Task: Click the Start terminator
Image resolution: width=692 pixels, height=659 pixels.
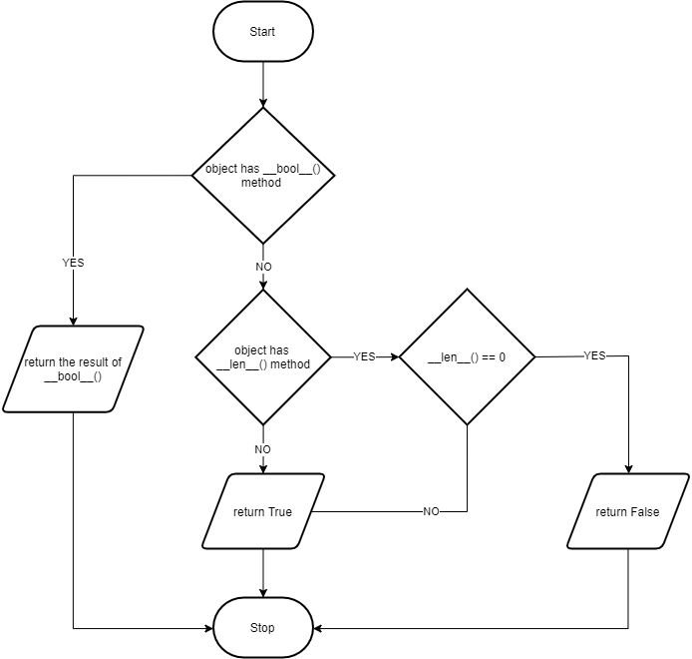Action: pyautogui.click(x=263, y=32)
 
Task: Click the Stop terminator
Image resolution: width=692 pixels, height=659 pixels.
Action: pyautogui.click(x=263, y=628)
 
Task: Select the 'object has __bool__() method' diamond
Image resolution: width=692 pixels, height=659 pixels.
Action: pyautogui.click(x=263, y=176)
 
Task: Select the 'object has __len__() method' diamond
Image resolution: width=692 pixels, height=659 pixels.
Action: pyautogui.click(x=263, y=356)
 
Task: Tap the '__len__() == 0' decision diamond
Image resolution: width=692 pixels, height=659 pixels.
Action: pyautogui.click(x=467, y=356)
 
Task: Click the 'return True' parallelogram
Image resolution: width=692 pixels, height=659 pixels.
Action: pyautogui.click(x=263, y=511)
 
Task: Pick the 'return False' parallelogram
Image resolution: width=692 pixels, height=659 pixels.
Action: pyautogui.click(x=628, y=511)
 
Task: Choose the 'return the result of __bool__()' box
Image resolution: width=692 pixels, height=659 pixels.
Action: pyautogui.click(x=73, y=369)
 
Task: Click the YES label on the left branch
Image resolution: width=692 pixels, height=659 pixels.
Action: pyautogui.click(x=73, y=263)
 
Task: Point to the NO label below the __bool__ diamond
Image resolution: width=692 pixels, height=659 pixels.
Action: pyautogui.click(x=263, y=268)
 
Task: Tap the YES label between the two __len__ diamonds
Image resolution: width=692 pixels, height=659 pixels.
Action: pyautogui.click(x=365, y=356)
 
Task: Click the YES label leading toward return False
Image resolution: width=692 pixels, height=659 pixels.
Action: pyautogui.click(x=594, y=355)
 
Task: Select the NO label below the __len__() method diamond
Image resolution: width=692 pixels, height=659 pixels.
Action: pyautogui.click(x=263, y=449)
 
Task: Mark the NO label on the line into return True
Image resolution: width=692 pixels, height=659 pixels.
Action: pyautogui.click(x=431, y=511)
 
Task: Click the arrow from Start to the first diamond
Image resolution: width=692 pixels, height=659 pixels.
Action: pyautogui.click(x=263, y=85)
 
